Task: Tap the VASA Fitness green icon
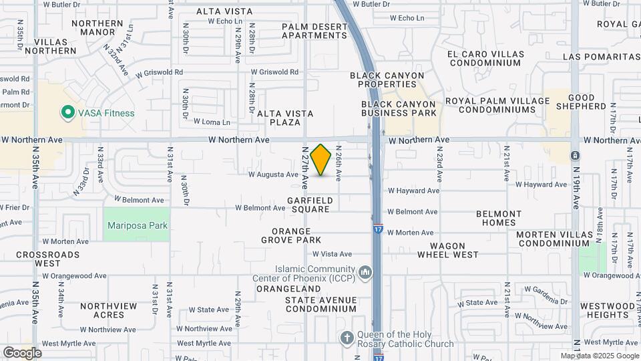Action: click(67, 113)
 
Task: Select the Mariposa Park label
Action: click(138, 225)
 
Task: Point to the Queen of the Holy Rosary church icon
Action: click(347, 338)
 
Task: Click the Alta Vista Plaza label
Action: click(285, 118)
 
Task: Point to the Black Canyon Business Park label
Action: click(399, 109)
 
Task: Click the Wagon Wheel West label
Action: click(448, 249)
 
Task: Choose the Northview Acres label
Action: click(108, 310)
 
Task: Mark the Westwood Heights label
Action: click(608, 310)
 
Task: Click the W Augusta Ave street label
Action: click(273, 175)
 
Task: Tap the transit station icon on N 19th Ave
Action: click(575, 156)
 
